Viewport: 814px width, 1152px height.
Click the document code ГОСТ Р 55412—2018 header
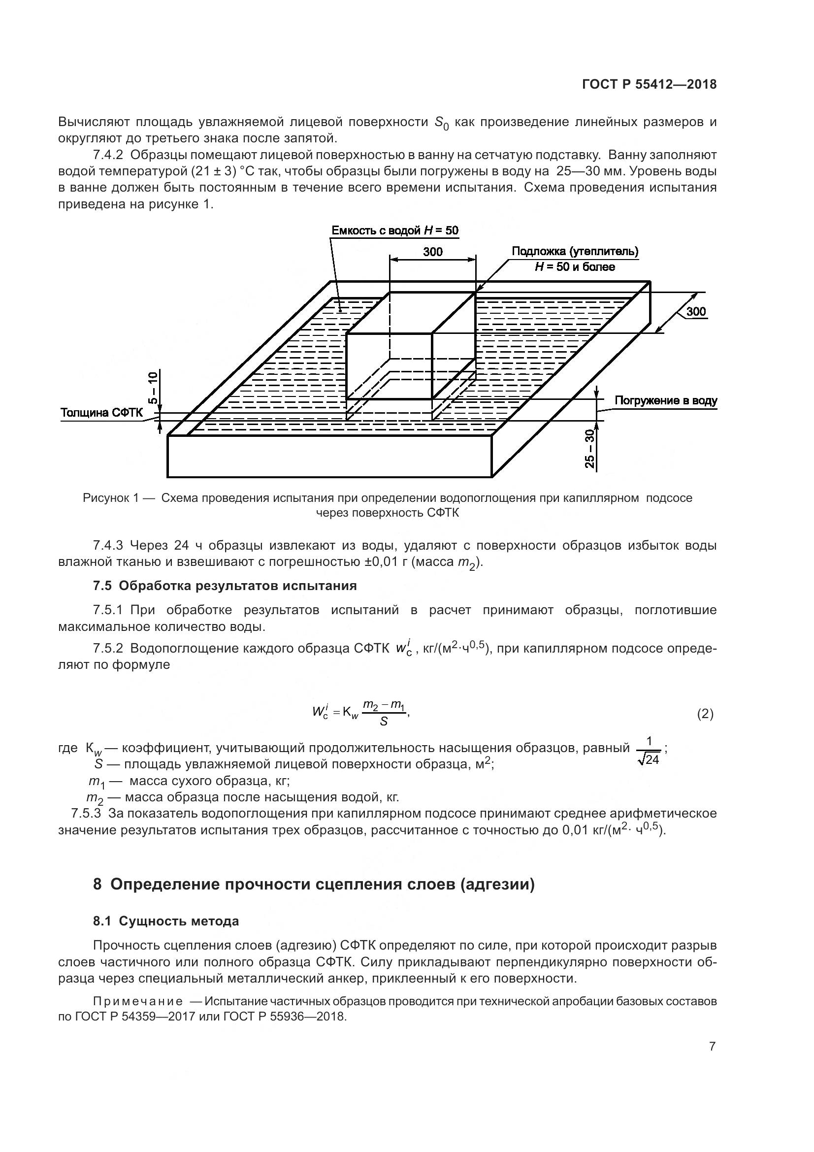(649, 85)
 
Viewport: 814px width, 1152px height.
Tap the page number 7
(712, 1047)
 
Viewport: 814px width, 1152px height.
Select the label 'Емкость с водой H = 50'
(395, 230)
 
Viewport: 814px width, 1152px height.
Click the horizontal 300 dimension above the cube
(432, 251)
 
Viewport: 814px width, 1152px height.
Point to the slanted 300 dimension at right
(696, 311)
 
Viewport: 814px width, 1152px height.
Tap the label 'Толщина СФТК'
(101, 412)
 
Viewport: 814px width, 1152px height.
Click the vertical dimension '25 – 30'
(590, 449)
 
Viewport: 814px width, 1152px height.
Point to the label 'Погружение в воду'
(666, 400)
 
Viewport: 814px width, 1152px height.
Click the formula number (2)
(705, 714)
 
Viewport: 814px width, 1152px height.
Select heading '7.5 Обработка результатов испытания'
(225, 586)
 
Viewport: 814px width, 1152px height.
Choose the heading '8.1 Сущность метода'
(166, 921)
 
